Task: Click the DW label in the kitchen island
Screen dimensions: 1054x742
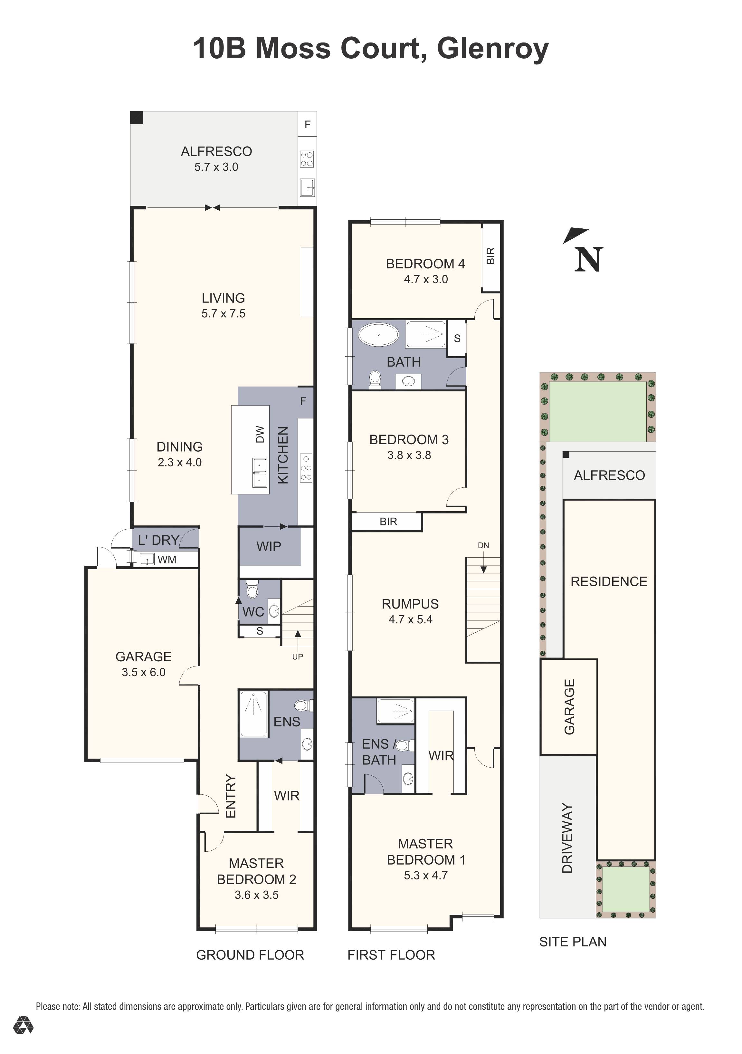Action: [260, 434]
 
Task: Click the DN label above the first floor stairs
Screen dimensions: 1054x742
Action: [483, 545]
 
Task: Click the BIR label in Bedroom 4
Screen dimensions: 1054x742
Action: [490, 256]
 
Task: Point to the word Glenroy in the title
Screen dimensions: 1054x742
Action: [492, 48]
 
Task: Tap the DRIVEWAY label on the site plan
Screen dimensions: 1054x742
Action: [568, 838]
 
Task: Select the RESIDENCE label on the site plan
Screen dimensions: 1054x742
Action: [608, 582]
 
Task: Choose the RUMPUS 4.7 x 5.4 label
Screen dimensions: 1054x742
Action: [410, 611]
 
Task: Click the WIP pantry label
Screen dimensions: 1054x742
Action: [269, 546]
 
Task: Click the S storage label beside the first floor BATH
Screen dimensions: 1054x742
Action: [457, 338]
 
